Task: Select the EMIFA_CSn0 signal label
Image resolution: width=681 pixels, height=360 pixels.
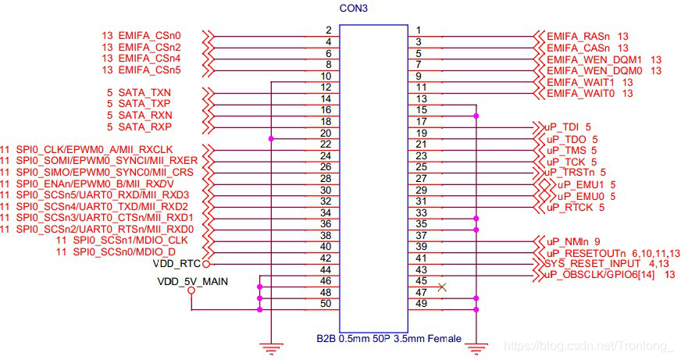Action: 149,36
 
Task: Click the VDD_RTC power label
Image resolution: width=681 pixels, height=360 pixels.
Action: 177,264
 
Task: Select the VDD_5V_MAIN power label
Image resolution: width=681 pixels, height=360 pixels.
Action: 191,281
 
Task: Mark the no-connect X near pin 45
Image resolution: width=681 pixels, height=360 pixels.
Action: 443,287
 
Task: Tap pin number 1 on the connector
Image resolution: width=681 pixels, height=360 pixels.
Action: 419,30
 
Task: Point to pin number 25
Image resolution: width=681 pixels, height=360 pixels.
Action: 422,166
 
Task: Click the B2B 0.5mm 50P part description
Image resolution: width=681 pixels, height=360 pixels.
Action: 388,339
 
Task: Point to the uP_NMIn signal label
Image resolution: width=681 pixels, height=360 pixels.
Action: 568,241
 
